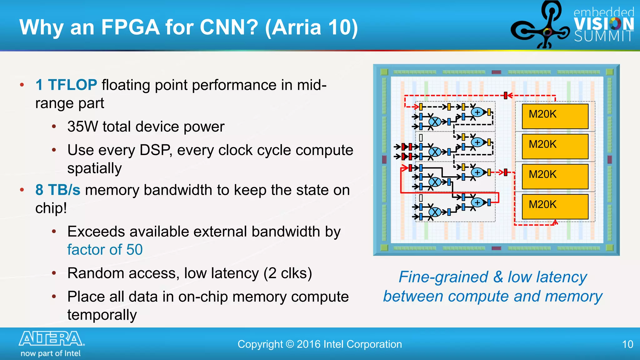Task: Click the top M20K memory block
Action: pos(555,116)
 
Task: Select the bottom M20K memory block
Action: pos(555,206)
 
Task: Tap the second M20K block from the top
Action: pos(555,146)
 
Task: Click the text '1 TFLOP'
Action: pos(66,85)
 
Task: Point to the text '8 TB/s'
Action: pos(58,190)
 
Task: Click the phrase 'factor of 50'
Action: pos(105,250)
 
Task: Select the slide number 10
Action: pos(627,344)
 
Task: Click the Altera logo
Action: pos(52,339)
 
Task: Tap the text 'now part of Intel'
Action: pos(51,353)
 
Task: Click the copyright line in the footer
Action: pos(320,344)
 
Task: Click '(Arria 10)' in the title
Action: pos(311,27)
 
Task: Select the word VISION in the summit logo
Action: pos(604,24)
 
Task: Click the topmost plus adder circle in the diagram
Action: pos(477,112)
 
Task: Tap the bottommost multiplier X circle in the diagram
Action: pos(435,212)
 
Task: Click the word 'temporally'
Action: pos(102,315)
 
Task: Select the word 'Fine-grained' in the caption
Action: pos(443,277)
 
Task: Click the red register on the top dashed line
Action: pos(506,96)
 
